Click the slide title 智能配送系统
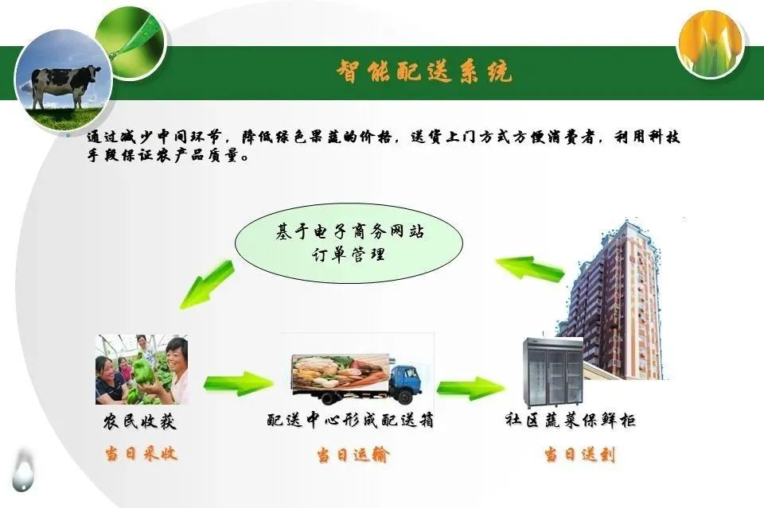(424, 72)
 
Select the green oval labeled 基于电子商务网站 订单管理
(349, 242)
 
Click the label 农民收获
(140, 421)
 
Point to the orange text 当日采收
(141, 453)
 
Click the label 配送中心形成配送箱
(350, 420)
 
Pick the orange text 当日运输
(353, 455)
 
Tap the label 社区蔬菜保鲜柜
(570, 420)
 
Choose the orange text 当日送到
(580, 455)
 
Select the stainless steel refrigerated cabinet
(553, 372)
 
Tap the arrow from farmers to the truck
(238, 383)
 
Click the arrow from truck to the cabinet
(470, 388)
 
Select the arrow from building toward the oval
(530, 268)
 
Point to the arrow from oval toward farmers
(207, 285)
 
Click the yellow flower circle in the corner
(711, 44)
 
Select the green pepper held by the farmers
(145, 372)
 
